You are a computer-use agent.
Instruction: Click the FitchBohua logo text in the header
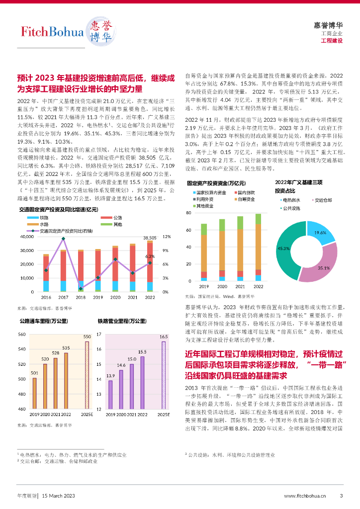coord(52,32)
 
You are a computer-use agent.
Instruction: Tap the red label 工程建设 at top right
coord(332,40)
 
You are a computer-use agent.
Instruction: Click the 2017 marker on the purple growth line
coord(63,239)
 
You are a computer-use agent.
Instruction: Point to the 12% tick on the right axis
coord(166,237)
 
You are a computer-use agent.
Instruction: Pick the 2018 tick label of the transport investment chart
coord(81,297)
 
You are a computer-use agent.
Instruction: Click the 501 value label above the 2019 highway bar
coord(34,373)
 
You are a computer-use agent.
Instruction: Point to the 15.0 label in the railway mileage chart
coord(132,359)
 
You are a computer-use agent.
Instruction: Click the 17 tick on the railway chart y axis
coord(99,334)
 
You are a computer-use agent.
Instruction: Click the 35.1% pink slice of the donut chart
coord(319,263)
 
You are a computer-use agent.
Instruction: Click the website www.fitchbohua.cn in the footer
coord(305,496)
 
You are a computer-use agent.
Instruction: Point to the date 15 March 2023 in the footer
coord(58,496)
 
